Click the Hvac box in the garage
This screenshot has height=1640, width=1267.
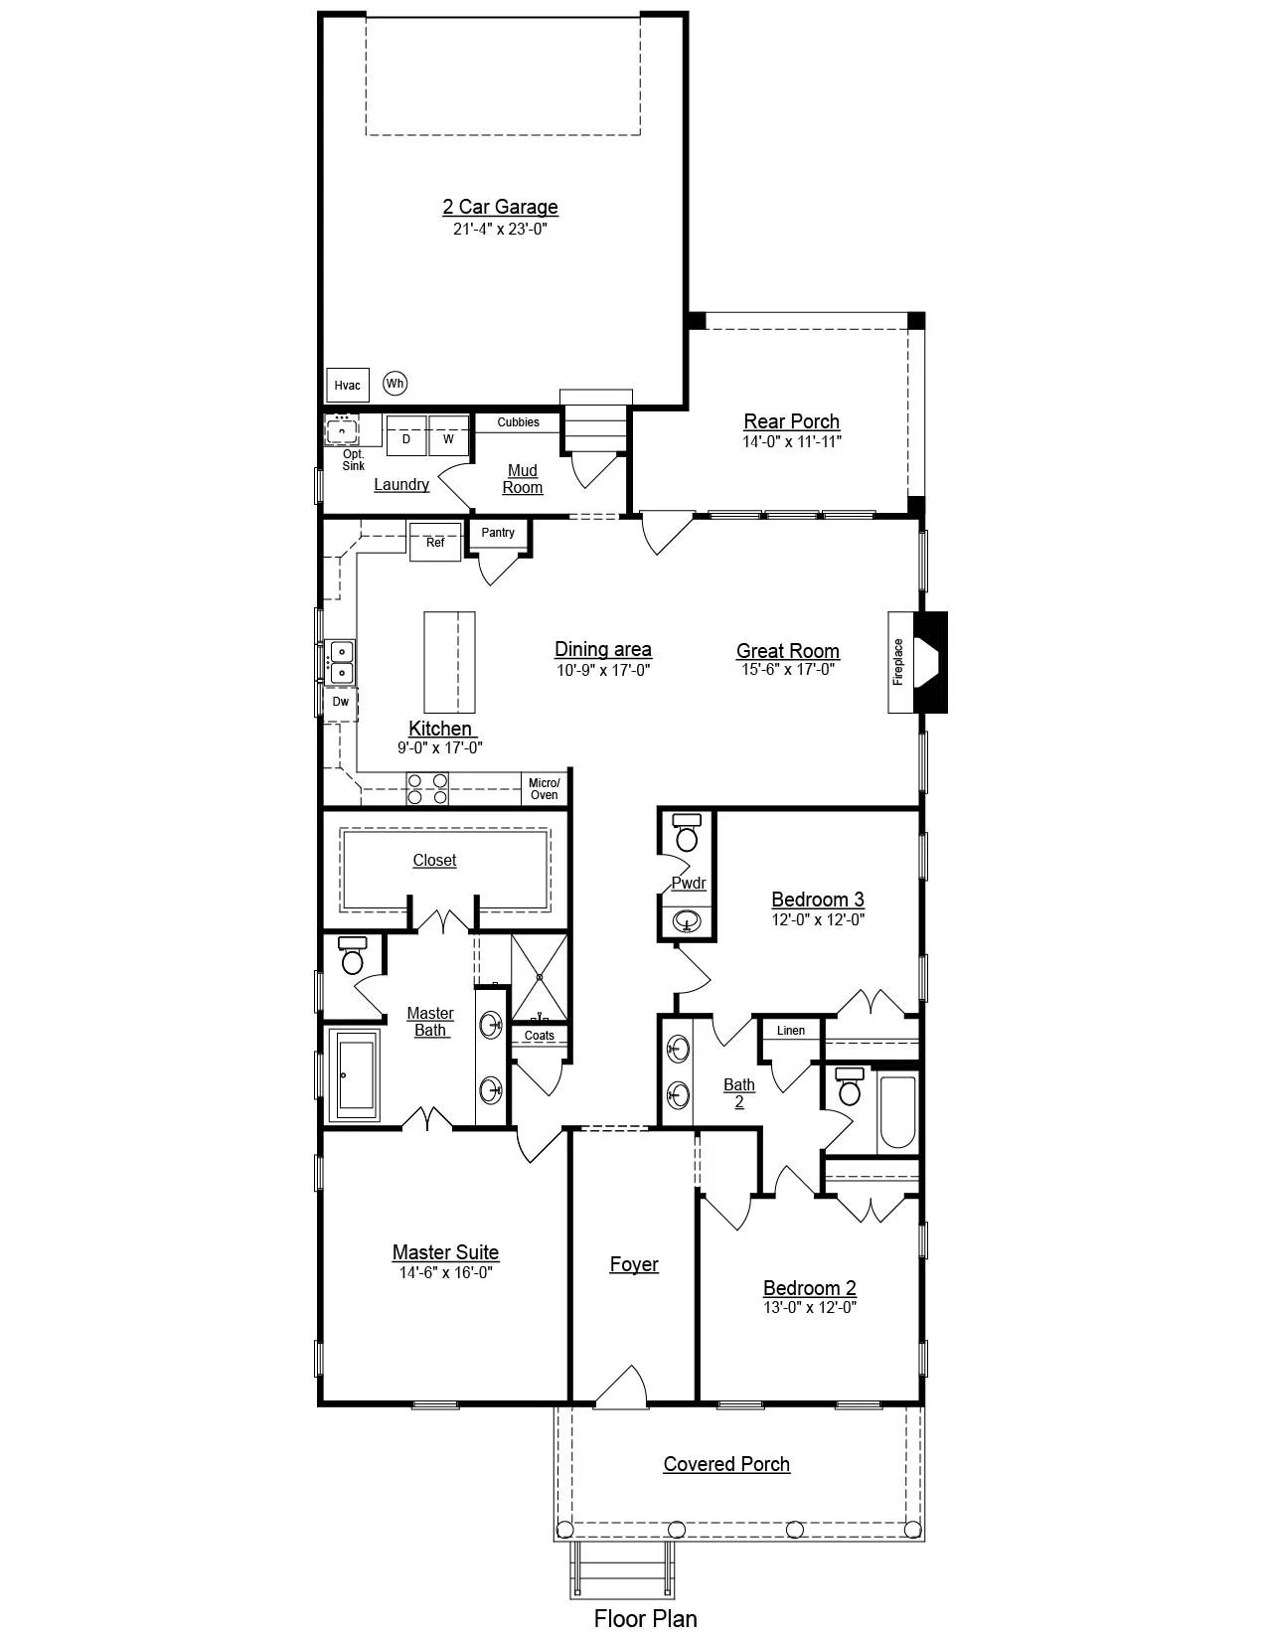tap(347, 385)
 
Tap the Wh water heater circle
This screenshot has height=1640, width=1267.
tap(395, 383)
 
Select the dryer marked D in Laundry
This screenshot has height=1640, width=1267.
tap(405, 437)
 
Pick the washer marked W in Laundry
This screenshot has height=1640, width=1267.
tap(448, 437)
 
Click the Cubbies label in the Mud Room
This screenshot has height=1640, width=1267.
tap(518, 422)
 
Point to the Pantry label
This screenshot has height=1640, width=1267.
tap(498, 533)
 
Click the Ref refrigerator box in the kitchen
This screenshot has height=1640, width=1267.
tap(435, 543)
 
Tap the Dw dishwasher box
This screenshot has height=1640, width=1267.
tap(341, 702)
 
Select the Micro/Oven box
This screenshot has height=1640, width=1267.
tap(544, 789)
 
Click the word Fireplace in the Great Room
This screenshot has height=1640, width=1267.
tap(898, 662)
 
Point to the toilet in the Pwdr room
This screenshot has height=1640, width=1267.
tap(687, 832)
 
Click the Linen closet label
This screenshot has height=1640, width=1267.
tap(791, 1031)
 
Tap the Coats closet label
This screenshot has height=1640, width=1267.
tap(540, 1036)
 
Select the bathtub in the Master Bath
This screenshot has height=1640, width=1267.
tap(358, 1074)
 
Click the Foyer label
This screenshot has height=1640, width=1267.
tap(634, 1264)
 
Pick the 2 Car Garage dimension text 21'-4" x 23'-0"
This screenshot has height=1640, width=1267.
tap(501, 229)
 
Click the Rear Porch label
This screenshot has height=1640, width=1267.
tap(792, 421)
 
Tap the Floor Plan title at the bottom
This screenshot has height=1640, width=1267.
tap(646, 1618)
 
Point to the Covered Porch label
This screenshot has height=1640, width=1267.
tap(726, 1464)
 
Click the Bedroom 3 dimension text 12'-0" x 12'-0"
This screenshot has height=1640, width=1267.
tap(818, 919)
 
